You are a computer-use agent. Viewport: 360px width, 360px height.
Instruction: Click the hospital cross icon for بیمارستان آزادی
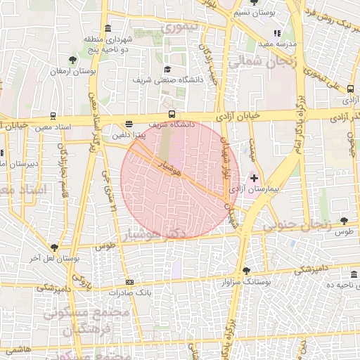254,179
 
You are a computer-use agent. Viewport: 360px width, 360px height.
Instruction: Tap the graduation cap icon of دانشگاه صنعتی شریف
167,70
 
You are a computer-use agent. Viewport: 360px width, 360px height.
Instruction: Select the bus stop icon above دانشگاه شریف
172,115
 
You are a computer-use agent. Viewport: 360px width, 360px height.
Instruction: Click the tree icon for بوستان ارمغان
72,60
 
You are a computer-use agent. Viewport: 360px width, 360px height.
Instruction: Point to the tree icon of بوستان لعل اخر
54,247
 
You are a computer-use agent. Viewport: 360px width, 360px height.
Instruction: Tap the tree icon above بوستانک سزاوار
245,271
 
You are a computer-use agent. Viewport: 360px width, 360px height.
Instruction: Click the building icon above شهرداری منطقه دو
107,28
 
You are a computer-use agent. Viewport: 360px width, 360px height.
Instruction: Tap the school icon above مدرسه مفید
277,32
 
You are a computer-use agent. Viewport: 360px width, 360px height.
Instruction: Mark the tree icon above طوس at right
343,221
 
